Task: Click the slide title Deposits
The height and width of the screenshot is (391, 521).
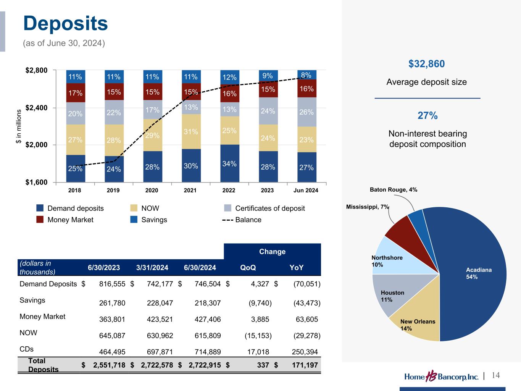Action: (x=66, y=23)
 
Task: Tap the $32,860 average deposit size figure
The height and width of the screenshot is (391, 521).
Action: (x=426, y=64)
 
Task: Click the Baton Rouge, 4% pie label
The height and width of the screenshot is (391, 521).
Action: (x=393, y=190)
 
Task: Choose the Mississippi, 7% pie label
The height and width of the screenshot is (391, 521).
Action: (x=367, y=207)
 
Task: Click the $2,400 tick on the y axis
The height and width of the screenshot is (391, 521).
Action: (x=37, y=108)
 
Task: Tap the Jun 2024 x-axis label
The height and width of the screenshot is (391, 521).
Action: (x=305, y=190)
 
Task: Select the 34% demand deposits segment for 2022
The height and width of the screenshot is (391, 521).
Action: (x=230, y=163)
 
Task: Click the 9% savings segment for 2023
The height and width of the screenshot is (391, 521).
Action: (x=268, y=76)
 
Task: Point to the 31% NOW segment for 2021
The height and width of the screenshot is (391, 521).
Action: (x=191, y=131)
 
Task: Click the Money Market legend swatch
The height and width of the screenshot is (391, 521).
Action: (x=40, y=220)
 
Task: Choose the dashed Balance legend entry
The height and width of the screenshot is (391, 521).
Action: (x=242, y=220)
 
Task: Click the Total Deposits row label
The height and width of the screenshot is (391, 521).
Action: (x=43, y=365)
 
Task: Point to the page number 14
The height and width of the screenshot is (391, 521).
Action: (x=495, y=375)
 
